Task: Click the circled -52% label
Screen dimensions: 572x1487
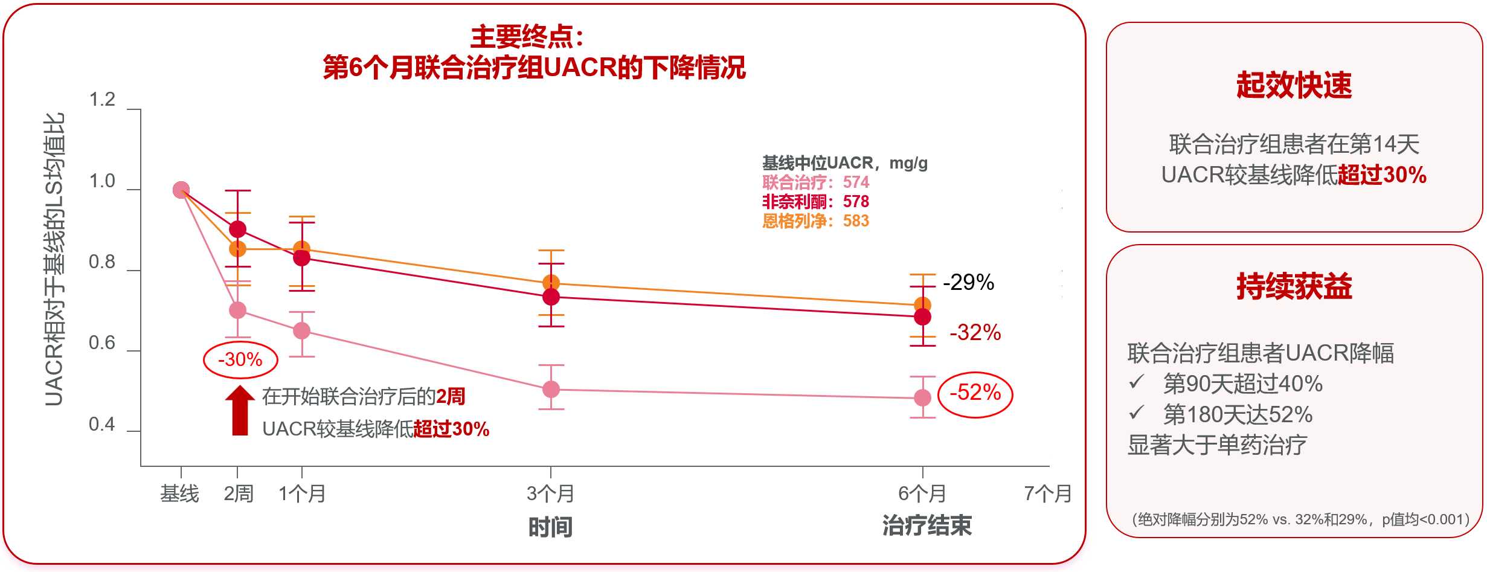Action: tap(975, 393)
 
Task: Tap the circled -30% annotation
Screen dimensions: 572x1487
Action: tap(240, 360)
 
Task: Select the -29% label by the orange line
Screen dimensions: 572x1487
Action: tap(968, 282)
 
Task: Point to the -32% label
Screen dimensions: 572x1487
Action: tap(975, 332)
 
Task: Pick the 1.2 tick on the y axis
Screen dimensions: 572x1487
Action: tap(102, 100)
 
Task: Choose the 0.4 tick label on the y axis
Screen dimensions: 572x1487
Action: tap(102, 425)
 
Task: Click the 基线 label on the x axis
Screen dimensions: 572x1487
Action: tap(179, 494)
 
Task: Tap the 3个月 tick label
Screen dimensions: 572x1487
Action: tap(550, 494)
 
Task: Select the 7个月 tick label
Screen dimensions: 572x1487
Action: tap(1047, 494)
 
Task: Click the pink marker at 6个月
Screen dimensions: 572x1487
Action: tap(922, 397)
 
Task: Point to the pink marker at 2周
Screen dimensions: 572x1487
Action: tap(238, 310)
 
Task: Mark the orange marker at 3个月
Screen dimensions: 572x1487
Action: tap(551, 282)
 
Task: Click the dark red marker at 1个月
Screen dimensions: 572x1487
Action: tap(301, 258)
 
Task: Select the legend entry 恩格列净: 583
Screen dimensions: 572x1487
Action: tap(815, 221)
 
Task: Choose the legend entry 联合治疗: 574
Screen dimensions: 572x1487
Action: tap(815, 182)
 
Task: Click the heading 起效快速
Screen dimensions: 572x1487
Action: tap(1294, 85)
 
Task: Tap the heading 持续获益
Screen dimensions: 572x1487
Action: tap(1294, 286)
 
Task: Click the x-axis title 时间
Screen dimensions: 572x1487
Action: tap(550, 527)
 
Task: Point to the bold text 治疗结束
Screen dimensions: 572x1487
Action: tap(927, 526)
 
